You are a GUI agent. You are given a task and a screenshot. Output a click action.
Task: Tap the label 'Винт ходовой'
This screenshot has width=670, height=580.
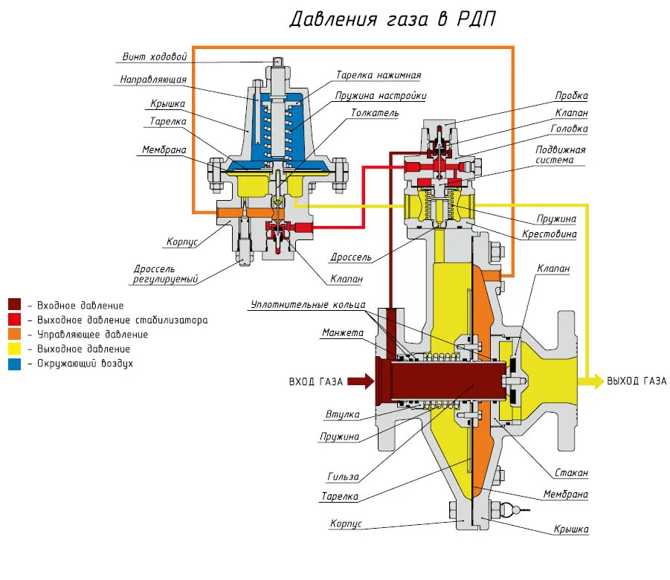158,57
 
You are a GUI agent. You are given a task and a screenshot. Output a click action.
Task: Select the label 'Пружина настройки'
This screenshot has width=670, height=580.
381,96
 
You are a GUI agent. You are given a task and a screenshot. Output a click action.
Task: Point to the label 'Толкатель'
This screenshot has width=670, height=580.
375,113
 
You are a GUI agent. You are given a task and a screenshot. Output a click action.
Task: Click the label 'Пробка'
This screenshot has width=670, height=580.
571,96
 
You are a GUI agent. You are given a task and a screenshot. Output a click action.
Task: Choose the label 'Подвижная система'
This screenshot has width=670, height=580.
561,155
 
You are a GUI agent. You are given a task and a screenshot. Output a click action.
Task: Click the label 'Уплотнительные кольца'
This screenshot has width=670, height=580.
308,304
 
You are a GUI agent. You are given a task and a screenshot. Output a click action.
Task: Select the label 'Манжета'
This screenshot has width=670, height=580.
343,332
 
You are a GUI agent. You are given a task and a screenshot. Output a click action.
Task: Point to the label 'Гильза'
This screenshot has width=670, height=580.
343,477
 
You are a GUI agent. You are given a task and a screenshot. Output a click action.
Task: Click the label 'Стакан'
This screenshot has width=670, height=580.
571,473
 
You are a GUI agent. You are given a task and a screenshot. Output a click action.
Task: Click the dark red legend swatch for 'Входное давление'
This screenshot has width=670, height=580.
14,305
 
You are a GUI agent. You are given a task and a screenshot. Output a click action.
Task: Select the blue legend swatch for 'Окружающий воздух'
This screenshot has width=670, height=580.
14,364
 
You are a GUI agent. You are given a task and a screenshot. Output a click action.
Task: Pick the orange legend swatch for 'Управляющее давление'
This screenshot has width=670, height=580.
14,335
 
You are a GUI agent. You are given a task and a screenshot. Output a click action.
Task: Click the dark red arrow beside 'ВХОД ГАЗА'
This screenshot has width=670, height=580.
360,382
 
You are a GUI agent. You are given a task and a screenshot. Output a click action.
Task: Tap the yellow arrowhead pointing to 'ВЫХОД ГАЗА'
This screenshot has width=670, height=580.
596,381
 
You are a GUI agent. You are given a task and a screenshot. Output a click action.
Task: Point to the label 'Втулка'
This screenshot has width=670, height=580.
343,414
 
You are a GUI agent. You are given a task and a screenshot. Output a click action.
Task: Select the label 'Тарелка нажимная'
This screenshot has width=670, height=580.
379,75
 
